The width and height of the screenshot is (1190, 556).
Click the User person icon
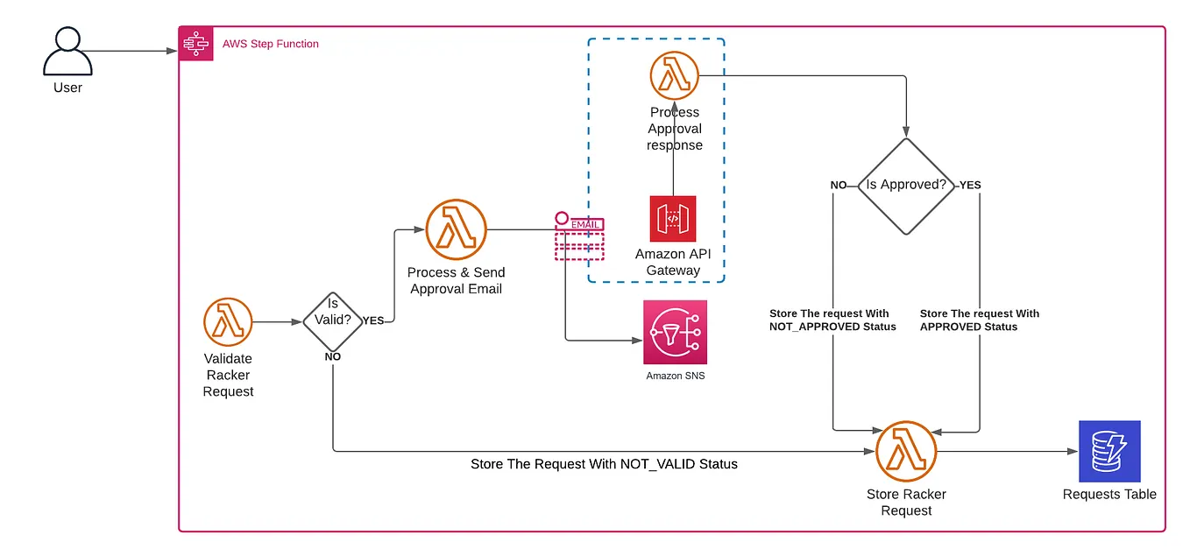click(x=67, y=53)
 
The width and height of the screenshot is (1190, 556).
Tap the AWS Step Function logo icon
click(x=193, y=43)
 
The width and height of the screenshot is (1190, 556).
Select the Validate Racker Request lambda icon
click(x=228, y=321)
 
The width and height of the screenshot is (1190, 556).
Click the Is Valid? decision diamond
click(x=333, y=321)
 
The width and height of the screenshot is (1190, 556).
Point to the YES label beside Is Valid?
click(x=373, y=320)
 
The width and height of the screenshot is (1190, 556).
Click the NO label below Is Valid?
click(x=333, y=356)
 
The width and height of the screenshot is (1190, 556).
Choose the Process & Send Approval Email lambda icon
click(x=456, y=229)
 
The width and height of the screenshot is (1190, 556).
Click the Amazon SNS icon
click(x=675, y=332)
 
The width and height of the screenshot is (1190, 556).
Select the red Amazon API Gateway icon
click(x=673, y=219)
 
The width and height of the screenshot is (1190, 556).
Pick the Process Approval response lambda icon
click(x=674, y=76)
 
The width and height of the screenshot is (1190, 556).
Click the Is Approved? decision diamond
click(x=906, y=186)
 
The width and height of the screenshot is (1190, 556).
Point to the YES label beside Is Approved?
click(x=970, y=186)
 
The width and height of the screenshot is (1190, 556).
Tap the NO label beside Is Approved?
click(x=839, y=186)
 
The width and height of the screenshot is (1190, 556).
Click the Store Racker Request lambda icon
click(x=906, y=451)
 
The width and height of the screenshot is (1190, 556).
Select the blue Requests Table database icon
click(x=1109, y=451)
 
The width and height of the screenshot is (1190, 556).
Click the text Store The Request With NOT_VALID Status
click(x=604, y=464)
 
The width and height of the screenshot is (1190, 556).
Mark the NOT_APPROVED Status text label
click(x=832, y=327)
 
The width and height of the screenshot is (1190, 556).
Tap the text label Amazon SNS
click(x=675, y=376)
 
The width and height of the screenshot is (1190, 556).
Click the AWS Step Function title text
click(x=271, y=44)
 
